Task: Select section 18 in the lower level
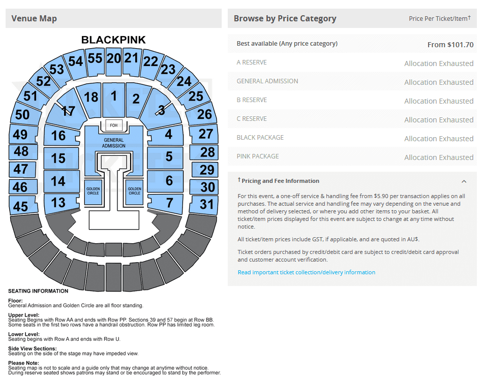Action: pyautogui.click(x=90, y=99)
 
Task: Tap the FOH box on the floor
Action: pyautogui.click(x=114, y=125)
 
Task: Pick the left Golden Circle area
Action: pyautogui.click(x=93, y=191)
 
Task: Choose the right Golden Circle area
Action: pyautogui.click(x=134, y=191)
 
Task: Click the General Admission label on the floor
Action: pyautogui.click(x=114, y=143)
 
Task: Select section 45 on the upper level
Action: pyautogui.click(x=22, y=205)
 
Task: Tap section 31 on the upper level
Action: pyautogui.click(x=204, y=204)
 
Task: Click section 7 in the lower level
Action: pyautogui.click(x=166, y=203)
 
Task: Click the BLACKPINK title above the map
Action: pyautogui.click(x=113, y=40)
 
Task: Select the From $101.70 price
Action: pyautogui.click(x=450, y=45)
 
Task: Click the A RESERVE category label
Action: pyautogui.click(x=252, y=62)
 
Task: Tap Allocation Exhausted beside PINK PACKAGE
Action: pyautogui.click(x=439, y=157)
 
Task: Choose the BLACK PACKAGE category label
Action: pyautogui.click(x=260, y=138)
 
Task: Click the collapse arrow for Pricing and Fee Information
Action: pyautogui.click(x=464, y=181)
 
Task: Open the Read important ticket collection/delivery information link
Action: pyautogui.click(x=307, y=272)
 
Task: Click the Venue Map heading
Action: pyautogui.click(x=34, y=18)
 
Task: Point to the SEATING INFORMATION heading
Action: pyautogui.click(x=38, y=291)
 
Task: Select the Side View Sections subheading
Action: pyautogui.click(x=33, y=348)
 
